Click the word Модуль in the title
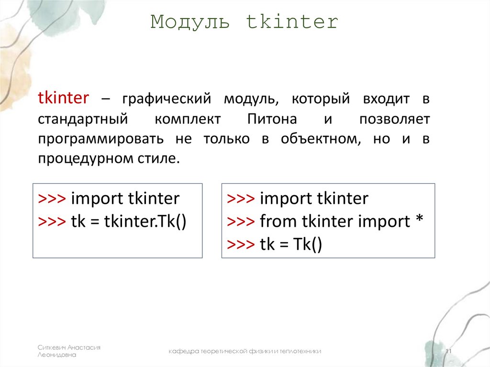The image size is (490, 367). click(x=190, y=22)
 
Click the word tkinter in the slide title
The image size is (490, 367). click(x=292, y=22)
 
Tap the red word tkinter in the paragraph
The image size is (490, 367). click(x=63, y=99)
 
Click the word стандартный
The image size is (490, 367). click(x=79, y=119)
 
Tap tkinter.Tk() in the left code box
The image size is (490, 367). click(x=145, y=222)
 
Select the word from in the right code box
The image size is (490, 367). click(x=278, y=222)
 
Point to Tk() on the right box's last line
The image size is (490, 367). click(x=308, y=245)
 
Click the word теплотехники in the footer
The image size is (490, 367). click(x=301, y=352)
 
